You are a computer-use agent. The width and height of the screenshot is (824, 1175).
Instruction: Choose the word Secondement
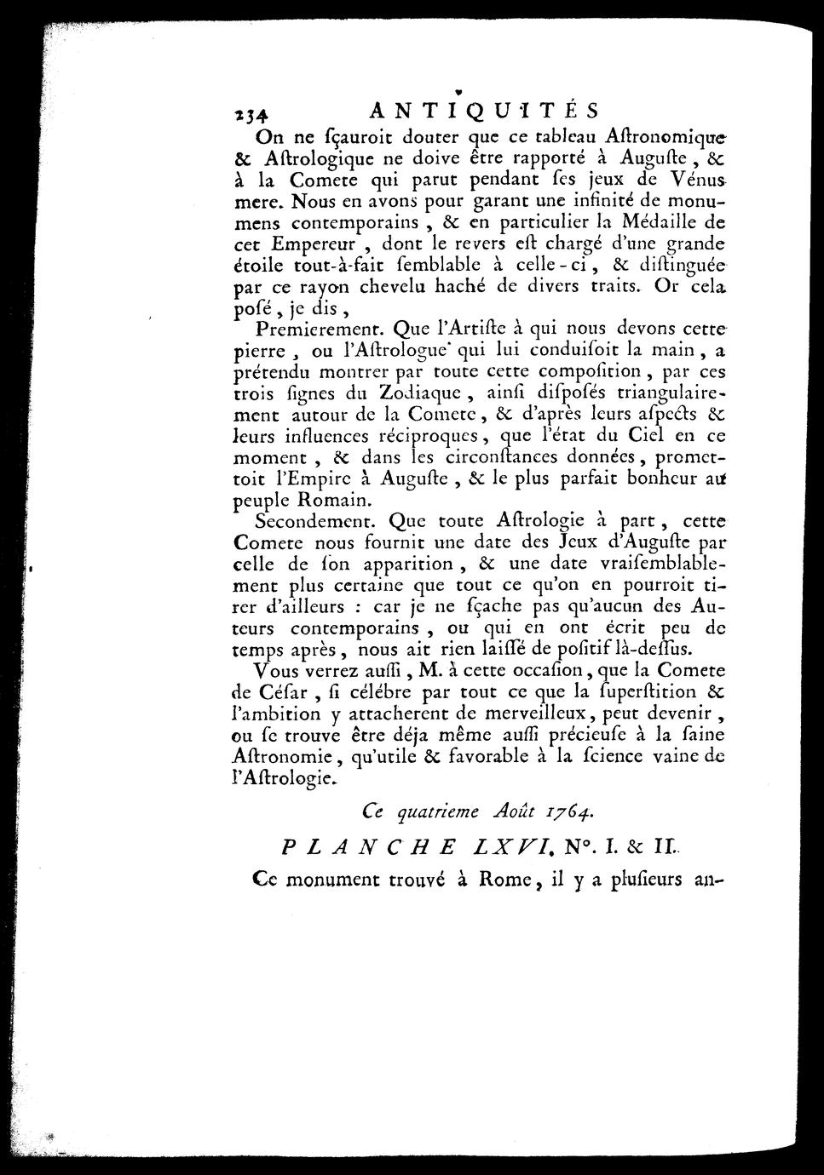click(314, 521)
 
